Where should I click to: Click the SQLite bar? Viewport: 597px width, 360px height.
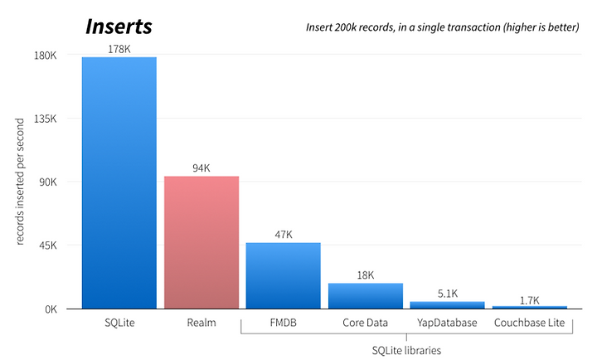119,182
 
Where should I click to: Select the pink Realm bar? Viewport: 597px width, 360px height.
201,242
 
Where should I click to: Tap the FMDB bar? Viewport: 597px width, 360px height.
284,275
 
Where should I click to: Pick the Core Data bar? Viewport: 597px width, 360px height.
366,295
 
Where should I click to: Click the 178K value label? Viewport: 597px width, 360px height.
119,49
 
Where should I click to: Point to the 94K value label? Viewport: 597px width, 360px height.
201,168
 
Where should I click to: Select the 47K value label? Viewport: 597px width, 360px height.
284,235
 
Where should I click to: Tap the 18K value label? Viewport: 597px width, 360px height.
366,275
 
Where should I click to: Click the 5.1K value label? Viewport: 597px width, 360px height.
448,294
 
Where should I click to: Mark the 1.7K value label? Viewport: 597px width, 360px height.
530,300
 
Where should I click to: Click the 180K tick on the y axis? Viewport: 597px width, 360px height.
45,56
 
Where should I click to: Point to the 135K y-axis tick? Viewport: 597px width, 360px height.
46,119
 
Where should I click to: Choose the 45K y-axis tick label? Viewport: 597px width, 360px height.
47,246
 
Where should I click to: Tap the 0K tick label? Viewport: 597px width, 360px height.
51,309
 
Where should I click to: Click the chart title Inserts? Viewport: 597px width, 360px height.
119,27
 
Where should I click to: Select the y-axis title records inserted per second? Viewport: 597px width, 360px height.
20,182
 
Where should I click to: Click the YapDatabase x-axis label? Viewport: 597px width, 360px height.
447,323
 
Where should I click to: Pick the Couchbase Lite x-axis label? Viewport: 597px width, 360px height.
529,323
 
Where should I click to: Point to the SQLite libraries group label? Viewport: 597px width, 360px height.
406,351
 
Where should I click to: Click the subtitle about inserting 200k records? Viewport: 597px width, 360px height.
443,27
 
